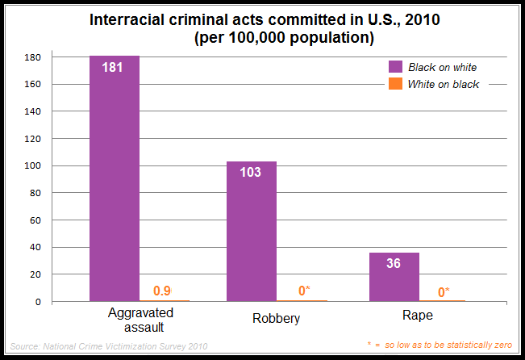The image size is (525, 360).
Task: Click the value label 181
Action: point(113,67)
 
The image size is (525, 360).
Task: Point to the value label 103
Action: point(251,172)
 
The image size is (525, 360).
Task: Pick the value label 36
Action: point(394,263)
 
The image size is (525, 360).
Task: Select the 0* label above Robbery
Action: point(302,291)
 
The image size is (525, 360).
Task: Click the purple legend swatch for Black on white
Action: point(395,66)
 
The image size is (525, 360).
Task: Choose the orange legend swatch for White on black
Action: point(395,84)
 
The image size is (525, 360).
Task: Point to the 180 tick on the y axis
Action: point(32,57)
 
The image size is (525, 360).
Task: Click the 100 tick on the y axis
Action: point(32,166)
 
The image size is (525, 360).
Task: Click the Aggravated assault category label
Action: point(137,320)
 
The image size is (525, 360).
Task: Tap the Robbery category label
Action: point(276,318)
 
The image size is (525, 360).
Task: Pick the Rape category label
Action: point(417,316)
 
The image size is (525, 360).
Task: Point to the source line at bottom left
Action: point(109,345)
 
